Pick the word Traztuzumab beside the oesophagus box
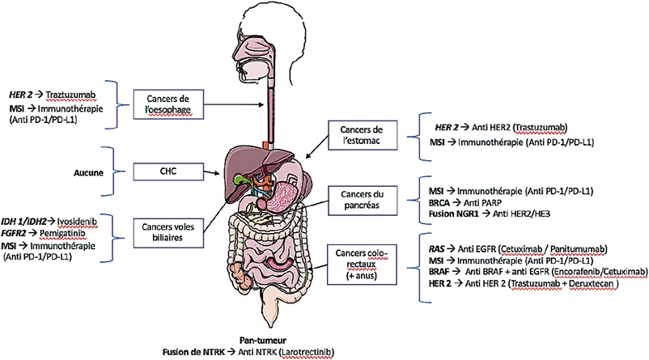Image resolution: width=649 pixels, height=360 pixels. click(x=78, y=95)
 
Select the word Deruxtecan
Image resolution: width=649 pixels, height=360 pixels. click(x=576, y=284)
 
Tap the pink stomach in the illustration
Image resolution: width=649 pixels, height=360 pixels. click(x=282, y=193)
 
